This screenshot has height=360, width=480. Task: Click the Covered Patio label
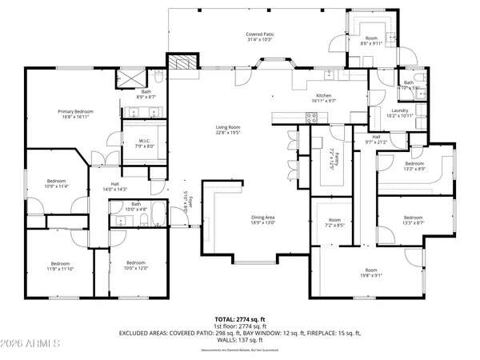tap(259, 34)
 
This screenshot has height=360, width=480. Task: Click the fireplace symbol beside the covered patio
tap(181, 64)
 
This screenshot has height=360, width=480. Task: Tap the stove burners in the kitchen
tap(313, 118)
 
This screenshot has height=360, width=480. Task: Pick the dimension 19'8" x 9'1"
tap(370, 276)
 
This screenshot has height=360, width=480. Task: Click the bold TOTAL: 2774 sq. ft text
tap(240, 318)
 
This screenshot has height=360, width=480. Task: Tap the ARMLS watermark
tap(31, 345)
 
